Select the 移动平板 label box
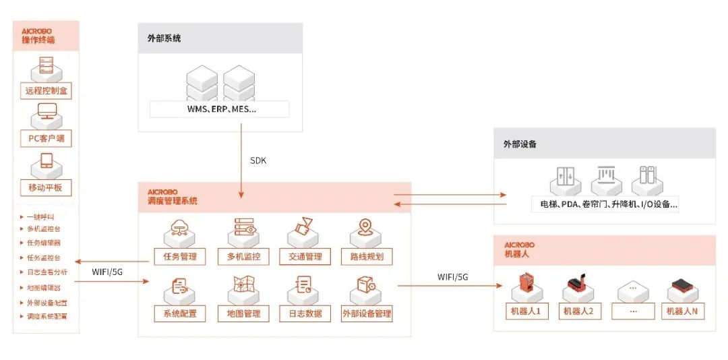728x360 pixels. pos(47,187)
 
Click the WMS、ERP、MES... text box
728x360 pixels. pos(220,109)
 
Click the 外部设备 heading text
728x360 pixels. pos(520,144)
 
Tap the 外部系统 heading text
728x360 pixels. pos(164,38)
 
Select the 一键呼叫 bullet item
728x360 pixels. pos(42,217)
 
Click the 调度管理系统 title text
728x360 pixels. pos(173,201)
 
